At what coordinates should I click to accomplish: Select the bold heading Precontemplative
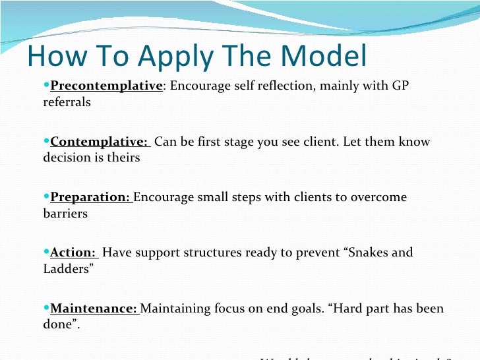pyautogui.click(x=106, y=86)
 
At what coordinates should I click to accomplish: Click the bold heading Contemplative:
pyautogui.click(x=99, y=142)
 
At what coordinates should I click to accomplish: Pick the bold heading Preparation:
pyautogui.click(x=92, y=197)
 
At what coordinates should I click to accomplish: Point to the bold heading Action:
pyautogui.click(x=73, y=253)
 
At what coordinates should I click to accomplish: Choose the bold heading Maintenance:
pyautogui.click(x=94, y=309)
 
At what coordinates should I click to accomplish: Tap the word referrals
pyautogui.click(x=67, y=102)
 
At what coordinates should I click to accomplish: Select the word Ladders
pyautogui.click(x=68, y=269)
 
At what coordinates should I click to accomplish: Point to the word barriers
pyautogui.click(x=65, y=214)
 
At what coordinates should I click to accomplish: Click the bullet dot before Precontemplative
pyautogui.click(x=46, y=86)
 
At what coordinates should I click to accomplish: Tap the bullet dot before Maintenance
pyautogui.click(x=46, y=309)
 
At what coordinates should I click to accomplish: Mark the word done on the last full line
pyautogui.click(x=57, y=324)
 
